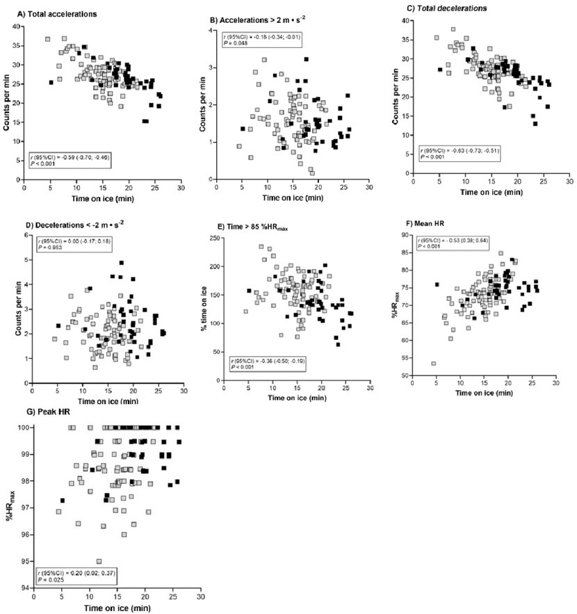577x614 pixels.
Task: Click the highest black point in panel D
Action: click(x=121, y=264)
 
